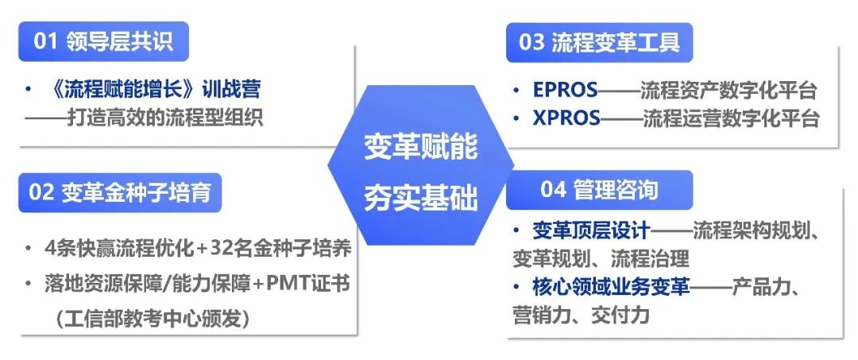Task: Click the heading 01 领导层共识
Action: point(103,41)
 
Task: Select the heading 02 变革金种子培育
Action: point(120,193)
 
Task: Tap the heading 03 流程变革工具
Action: point(599,41)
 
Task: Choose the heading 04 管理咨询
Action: point(599,190)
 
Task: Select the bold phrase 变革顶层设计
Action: point(592,231)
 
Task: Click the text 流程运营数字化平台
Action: point(730,118)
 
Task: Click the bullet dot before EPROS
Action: point(517,91)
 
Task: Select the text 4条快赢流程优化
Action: point(119,248)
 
